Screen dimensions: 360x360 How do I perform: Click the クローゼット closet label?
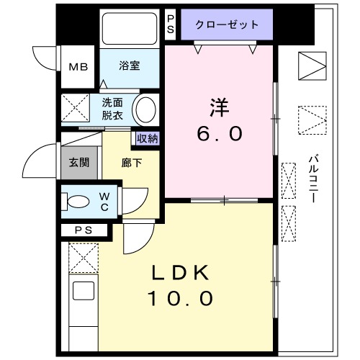point(227,24)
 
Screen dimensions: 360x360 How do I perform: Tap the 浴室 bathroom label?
point(130,66)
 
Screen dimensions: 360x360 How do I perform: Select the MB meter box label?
point(78,67)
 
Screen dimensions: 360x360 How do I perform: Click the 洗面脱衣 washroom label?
point(112,108)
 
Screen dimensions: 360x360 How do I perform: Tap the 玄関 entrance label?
point(78,162)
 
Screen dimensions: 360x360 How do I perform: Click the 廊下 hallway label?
point(132,163)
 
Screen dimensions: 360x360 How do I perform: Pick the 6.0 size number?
point(220,134)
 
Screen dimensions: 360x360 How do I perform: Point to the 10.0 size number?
point(181,298)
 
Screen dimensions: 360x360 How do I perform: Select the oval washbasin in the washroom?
point(146,110)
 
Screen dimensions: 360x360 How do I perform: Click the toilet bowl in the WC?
point(78,202)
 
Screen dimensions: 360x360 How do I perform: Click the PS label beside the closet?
point(171,24)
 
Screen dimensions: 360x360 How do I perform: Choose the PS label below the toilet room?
point(83,230)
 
